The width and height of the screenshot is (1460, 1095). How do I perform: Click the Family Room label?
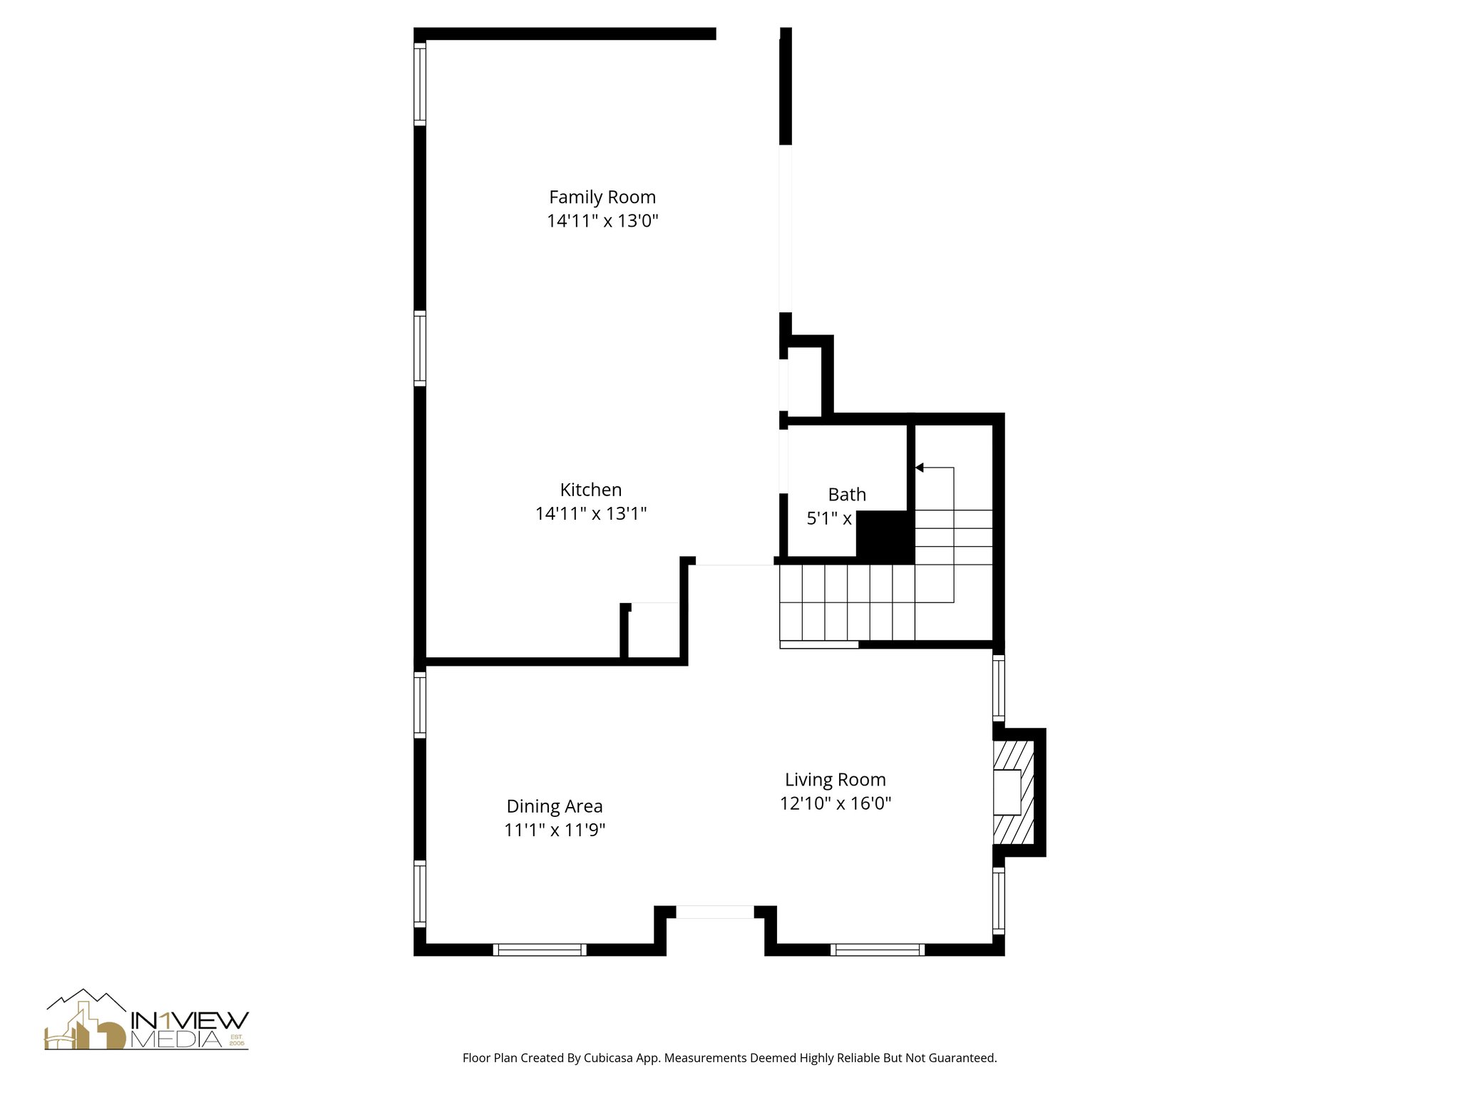[x=602, y=197]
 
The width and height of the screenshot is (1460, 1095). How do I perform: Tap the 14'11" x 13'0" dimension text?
[x=602, y=221]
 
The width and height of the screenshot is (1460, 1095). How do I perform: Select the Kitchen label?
[x=590, y=490]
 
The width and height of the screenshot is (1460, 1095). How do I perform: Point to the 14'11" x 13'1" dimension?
[x=590, y=514]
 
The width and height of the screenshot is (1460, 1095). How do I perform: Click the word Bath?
[x=847, y=494]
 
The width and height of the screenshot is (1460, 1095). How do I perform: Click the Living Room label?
[x=835, y=779]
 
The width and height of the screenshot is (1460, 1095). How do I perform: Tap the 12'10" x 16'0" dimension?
[x=835, y=803]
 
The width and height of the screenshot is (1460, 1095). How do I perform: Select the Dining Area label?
[x=554, y=806]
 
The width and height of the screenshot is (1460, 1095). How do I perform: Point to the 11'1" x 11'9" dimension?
[x=554, y=831]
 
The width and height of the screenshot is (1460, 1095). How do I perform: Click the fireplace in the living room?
[x=1014, y=792]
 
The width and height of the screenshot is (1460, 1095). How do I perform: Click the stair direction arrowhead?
[x=920, y=468]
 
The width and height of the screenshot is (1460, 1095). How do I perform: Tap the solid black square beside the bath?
[x=884, y=536]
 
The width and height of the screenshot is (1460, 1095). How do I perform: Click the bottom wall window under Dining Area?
[x=540, y=949]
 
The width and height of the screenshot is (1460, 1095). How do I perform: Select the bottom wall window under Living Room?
[x=878, y=949]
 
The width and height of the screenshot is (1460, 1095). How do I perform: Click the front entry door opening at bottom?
[x=714, y=912]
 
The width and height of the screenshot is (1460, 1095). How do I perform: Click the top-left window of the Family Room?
[x=420, y=84]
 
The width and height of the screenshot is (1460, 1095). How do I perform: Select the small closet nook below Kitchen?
[x=654, y=632]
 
